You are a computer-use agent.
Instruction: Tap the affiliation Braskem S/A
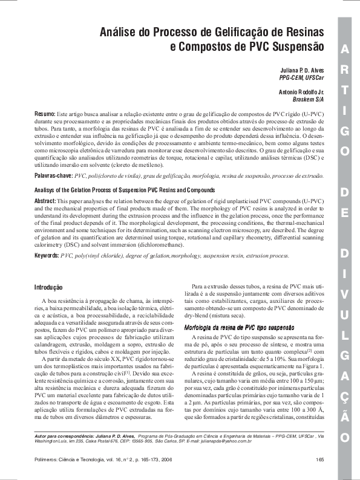[x=307, y=100]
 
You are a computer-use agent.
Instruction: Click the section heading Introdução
[x=48, y=287]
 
